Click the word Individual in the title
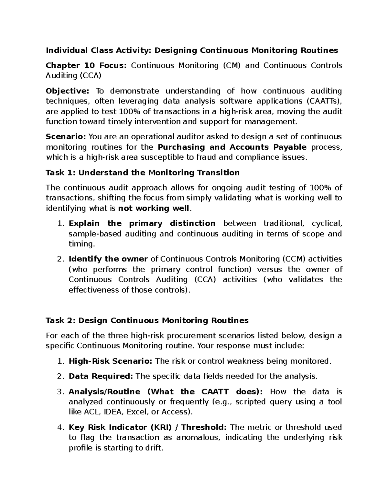pos(66,50)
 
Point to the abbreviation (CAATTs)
pos(323,101)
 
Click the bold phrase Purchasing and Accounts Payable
pos(232,147)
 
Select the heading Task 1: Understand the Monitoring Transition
pos(143,173)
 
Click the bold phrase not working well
pos(154,208)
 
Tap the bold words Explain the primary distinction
pos(142,224)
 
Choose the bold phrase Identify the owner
pos(108,259)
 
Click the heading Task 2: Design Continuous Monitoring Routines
pos(147,321)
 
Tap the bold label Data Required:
pos(101,377)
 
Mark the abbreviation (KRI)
pos(161,428)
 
